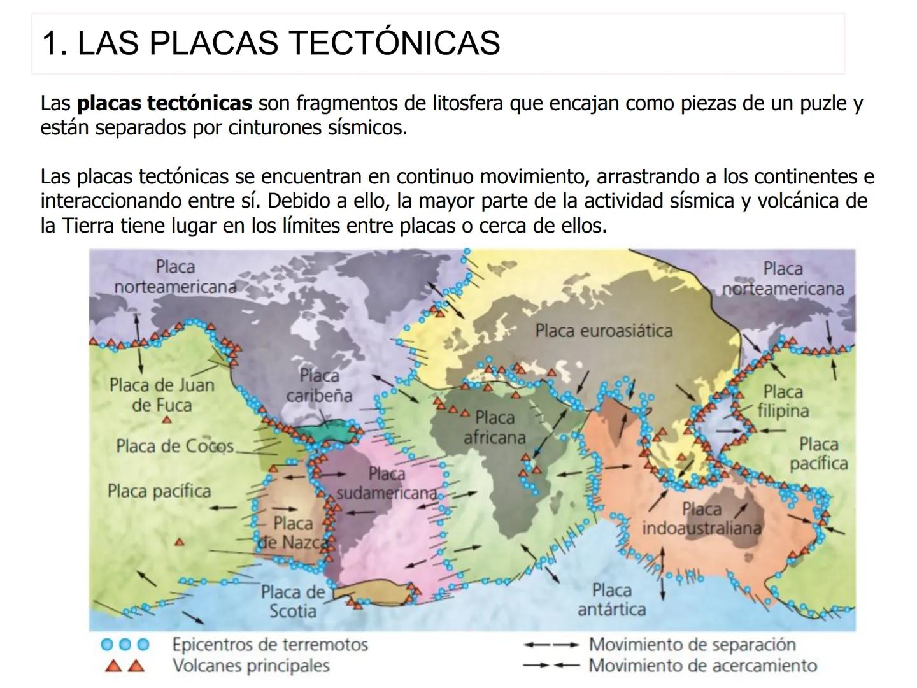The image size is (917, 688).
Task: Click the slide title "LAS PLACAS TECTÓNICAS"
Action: (271, 43)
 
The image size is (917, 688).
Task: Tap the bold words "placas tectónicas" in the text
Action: (164, 103)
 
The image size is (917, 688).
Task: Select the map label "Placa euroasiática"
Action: (603, 331)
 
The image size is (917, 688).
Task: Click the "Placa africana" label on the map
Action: (495, 427)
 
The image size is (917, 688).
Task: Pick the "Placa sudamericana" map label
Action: (387, 484)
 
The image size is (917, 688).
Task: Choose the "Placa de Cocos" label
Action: (174, 446)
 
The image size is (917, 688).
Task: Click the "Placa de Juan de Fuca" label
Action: (162, 395)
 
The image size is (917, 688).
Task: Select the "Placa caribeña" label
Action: (319, 385)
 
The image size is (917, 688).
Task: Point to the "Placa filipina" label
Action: (783, 401)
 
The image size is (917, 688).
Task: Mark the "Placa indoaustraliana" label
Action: (701, 519)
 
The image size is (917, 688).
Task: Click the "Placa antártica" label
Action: (611, 599)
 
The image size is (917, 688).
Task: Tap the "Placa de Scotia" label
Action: (292, 601)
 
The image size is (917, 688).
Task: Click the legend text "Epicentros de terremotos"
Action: (269, 645)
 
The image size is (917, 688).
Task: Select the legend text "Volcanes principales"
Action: (250, 666)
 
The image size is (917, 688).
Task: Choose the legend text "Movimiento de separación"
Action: (692, 645)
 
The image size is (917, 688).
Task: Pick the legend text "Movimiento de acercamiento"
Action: (702, 666)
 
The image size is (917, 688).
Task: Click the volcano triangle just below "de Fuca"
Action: (166, 420)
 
